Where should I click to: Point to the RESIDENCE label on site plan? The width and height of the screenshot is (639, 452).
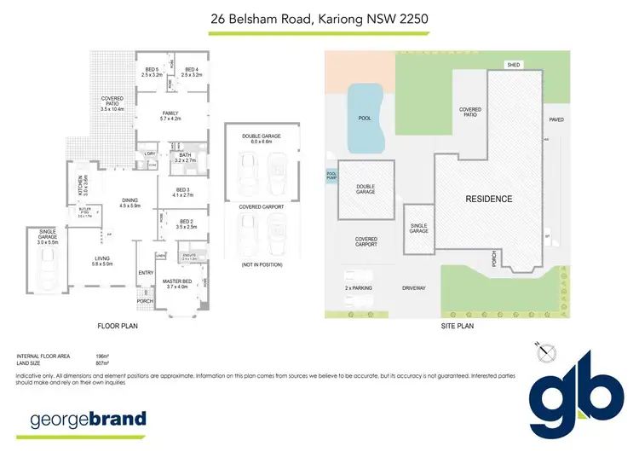(488, 199)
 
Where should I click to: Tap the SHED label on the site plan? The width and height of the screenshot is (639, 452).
(513, 65)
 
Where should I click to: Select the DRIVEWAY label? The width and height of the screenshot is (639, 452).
(413, 288)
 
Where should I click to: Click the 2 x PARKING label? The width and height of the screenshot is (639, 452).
(359, 288)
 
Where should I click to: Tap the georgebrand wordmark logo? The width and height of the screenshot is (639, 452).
(88, 420)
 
